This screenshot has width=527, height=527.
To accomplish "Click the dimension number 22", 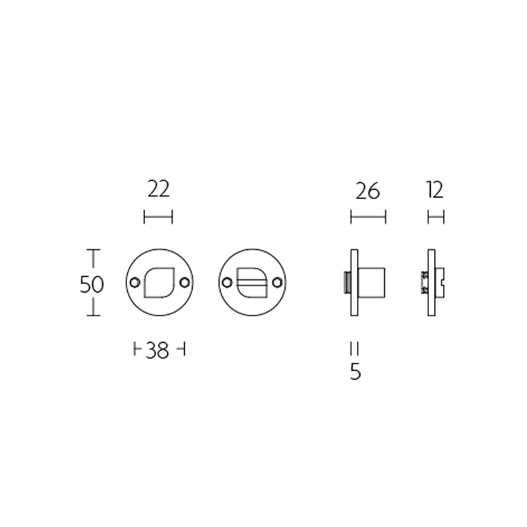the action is point(159,189).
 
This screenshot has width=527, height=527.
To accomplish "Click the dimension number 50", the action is point(91,284).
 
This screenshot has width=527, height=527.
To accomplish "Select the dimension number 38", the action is point(157,351).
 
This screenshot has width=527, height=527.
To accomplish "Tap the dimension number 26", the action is point(368,191).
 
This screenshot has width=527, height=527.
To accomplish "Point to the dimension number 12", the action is point(436,190).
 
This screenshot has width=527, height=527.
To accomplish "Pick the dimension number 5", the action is point(355,372).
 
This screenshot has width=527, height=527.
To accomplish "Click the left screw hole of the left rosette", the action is point(135,283).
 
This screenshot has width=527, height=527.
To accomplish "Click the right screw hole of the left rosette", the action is point(184,283).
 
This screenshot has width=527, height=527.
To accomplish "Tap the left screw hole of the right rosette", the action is point(227,283).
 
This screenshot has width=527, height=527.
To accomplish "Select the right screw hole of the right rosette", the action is point(277,283).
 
